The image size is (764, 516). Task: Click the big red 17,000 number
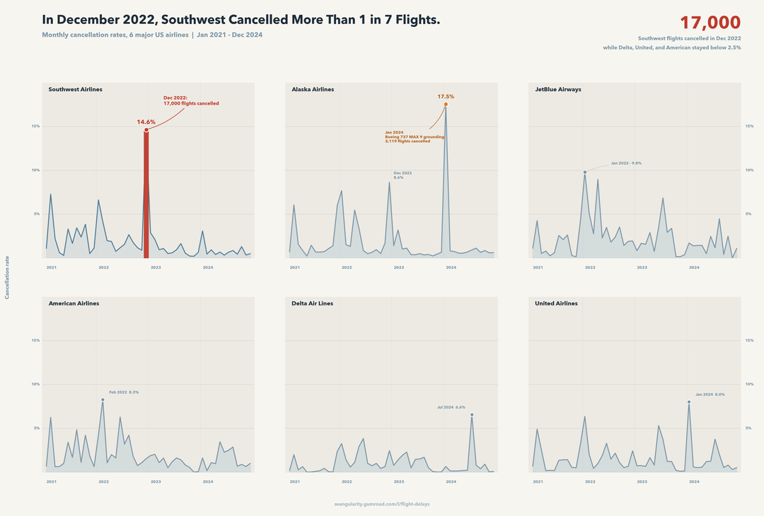tap(710, 23)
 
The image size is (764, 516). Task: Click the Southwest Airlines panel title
tap(75, 90)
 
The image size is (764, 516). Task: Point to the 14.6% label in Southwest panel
tap(146, 122)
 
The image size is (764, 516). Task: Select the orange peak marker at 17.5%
tap(446, 105)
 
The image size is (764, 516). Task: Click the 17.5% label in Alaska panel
tap(446, 96)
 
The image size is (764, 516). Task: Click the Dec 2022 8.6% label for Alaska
tap(403, 175)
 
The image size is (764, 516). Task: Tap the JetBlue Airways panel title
tap(558, 90)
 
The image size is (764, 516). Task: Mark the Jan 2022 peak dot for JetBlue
tap(585, 172)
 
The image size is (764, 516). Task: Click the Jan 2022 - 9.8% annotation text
tap(626, 163)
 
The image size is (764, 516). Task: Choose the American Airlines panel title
tap(74, 303)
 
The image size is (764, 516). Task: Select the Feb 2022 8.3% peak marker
tap(103, 399)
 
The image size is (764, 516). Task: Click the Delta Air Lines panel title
tap(312, 303)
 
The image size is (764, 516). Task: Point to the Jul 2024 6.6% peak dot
tap(472, 414)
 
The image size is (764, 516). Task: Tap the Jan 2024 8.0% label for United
tap(710, 394)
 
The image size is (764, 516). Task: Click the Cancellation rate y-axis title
tap(7, 277)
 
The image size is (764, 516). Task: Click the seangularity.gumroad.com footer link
tap(382, 504)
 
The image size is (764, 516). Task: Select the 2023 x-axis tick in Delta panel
tap(399, 481)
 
